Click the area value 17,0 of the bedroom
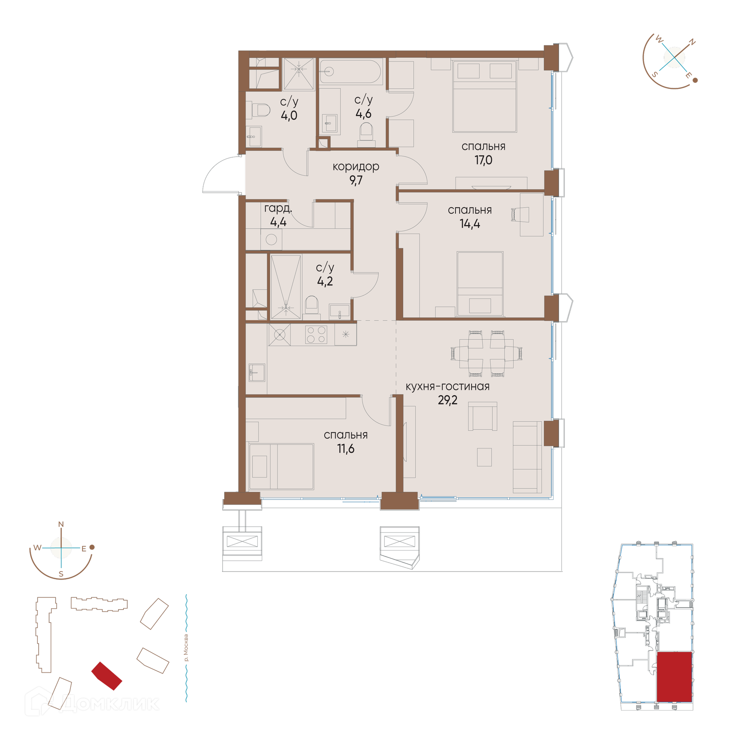(x=483, y=160)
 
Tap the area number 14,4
(x=470, y=223)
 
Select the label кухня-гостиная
(x=447, y=386)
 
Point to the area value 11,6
(x=345, y=449)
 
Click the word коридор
(x=356, y=167)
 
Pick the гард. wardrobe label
(x=278, y=208)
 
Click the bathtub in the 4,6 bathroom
(x=351, y=71)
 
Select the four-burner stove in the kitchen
(x=316, y=335)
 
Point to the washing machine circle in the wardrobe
(x=271, y=240)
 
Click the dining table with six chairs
(x=486, y=353)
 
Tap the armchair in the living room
(x=483, y=416)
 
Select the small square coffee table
(x=484, y=457)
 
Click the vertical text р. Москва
(x=186, y=648)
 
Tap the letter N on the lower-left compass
(x=61, y=524)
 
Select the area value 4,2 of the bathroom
(x=325, y=281)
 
